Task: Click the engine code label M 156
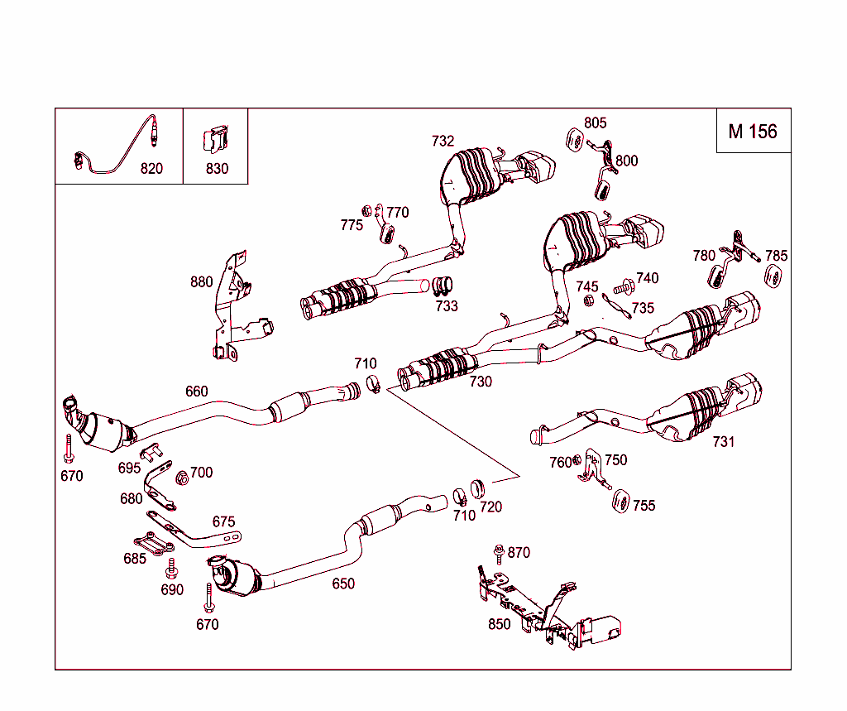point(753,131)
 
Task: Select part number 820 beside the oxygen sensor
point(151,168)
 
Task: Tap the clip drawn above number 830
point(215,140)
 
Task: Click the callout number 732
point(443,141)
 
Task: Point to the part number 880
point(201,281)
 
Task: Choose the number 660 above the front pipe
point(196,391)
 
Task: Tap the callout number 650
point(343,583)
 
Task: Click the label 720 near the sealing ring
point(490,507)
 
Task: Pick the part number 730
point(481,382)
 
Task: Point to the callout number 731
point(723,441)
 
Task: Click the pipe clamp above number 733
point(443,286)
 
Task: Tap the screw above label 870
point(499,551)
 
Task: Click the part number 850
point(499,624)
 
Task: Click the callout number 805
point(595,123)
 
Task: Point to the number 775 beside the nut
point(352,225)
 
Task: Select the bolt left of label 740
point(624,286)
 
